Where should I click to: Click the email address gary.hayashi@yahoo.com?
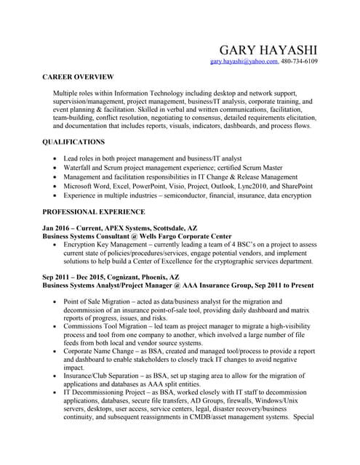(244, 62)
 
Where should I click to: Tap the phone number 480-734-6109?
(299, 62)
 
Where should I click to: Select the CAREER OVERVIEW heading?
(78, 76)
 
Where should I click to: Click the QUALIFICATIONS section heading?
(73, 142)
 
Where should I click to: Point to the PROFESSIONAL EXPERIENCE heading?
(94, 211)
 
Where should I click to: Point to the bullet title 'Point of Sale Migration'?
(103, 302)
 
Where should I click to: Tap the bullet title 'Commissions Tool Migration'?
(111, 328)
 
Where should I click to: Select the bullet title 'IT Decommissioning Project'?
(108, 392)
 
